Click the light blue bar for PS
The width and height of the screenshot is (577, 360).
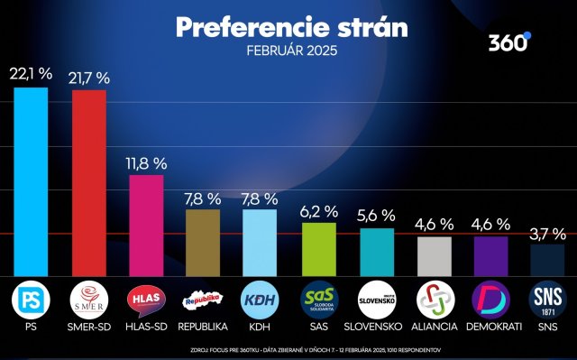[x=30, y=180]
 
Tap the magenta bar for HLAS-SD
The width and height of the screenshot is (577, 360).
[x=146, y=225]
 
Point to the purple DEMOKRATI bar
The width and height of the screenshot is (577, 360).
[x=491, y=256]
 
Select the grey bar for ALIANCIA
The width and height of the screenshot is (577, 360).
[x=434, y=256]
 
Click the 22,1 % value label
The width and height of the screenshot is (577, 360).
[x=30, y=72]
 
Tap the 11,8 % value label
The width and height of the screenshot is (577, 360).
[x=146, y=163]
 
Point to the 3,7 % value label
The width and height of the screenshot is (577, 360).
[x=547, y=234]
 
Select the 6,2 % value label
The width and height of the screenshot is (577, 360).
[x=318, y=211]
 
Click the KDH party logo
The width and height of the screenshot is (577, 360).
[x=261, y=299]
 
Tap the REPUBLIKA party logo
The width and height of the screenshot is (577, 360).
[x=203, y=299]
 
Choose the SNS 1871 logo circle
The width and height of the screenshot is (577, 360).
[x=547, y=299]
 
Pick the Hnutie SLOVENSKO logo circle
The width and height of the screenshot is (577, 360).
[x=376, y=299]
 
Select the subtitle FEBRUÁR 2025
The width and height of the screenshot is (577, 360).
[x=290, y=51]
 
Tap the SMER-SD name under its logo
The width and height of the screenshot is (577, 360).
[x=88, y=326]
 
